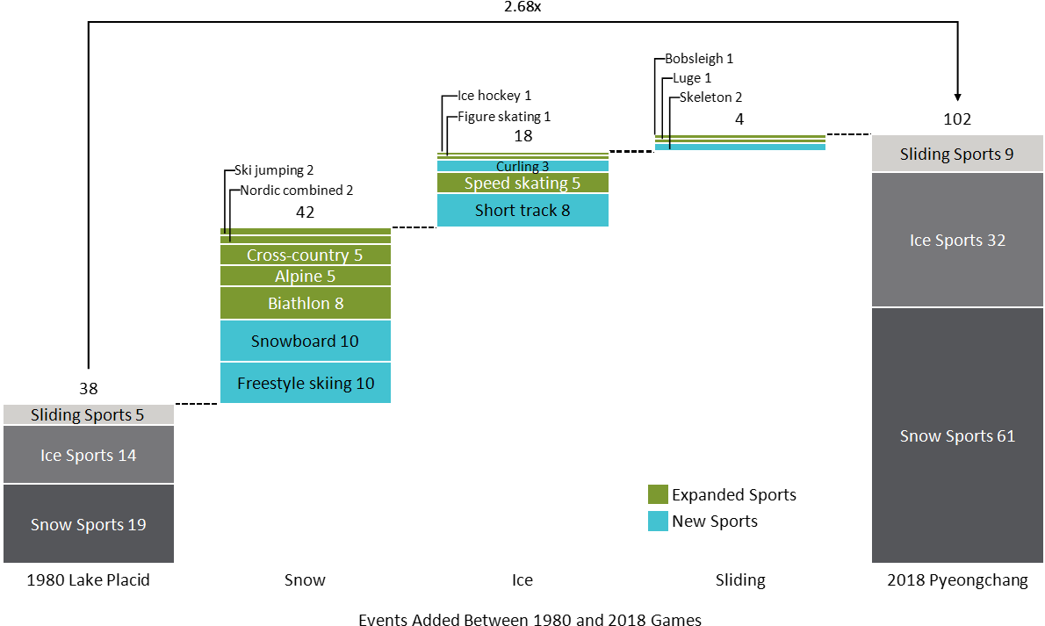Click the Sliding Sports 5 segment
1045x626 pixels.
click(88, 414)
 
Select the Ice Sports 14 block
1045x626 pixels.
click(88, 455)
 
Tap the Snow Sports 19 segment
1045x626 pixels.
click(88, 524)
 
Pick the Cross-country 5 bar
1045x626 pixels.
click(305, 255)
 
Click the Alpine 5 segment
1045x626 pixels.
click(305, 277)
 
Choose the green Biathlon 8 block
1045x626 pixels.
click(305, 304)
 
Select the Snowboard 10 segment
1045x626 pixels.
click(305, 341)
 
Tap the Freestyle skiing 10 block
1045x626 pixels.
click(305, 383)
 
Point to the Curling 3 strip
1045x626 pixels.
click(522, 166)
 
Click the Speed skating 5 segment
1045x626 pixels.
click(522, 183)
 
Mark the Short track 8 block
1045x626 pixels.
click(522, 211)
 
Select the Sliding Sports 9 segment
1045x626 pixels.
click(957, 154)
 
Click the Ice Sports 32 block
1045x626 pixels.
click(957, 240)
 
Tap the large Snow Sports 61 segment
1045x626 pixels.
click(957, 436)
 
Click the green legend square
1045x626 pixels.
click(658, 494)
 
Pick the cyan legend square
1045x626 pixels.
click(658, 522)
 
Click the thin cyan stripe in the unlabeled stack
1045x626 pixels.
click(740, 148)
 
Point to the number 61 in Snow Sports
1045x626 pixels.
click(1005, 436)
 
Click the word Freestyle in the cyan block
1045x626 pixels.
click(269, 384)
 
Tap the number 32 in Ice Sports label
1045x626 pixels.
click(996, 241)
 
